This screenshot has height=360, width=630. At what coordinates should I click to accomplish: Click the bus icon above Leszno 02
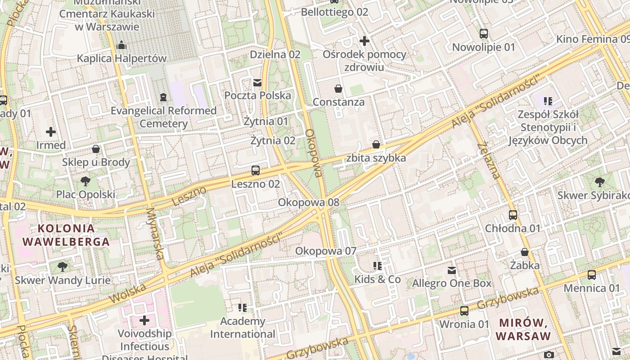tap(256, 171)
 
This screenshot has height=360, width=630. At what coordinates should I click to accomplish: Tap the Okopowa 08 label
tap(308, 202)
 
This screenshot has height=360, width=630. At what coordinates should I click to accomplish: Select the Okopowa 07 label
tap(325, 251)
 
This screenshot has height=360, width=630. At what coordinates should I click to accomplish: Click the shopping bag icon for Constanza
tap(338, 89)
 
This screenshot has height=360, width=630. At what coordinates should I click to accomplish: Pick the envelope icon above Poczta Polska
tap(257, 82)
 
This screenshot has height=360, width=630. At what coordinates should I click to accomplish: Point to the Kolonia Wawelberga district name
tap(66, 235)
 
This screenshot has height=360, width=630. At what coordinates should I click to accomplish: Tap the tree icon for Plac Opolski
tap(85, 181)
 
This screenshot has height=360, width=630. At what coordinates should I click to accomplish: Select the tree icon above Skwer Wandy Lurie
tap(63, 267)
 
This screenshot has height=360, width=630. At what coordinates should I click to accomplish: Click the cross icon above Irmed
tap(51, 132)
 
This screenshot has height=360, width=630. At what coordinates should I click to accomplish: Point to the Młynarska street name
tap(154, 234)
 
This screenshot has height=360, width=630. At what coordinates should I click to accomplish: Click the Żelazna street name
tap(489, 161)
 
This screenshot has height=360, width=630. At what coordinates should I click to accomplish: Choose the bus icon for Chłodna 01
tap(513, 215)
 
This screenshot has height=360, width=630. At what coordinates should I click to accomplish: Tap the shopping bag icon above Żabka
tap(525, 252)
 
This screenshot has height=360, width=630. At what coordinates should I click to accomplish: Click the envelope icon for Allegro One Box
tap(452, 270)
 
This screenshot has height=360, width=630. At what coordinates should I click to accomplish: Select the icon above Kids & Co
tap(377, 266)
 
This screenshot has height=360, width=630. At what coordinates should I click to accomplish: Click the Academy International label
tap(243, 328)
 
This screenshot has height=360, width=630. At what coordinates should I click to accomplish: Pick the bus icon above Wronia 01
tap(464, 311)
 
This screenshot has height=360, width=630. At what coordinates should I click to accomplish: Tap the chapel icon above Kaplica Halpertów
tap(121, 45)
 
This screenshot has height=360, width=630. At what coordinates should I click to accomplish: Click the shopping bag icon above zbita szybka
tap(376, 144)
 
